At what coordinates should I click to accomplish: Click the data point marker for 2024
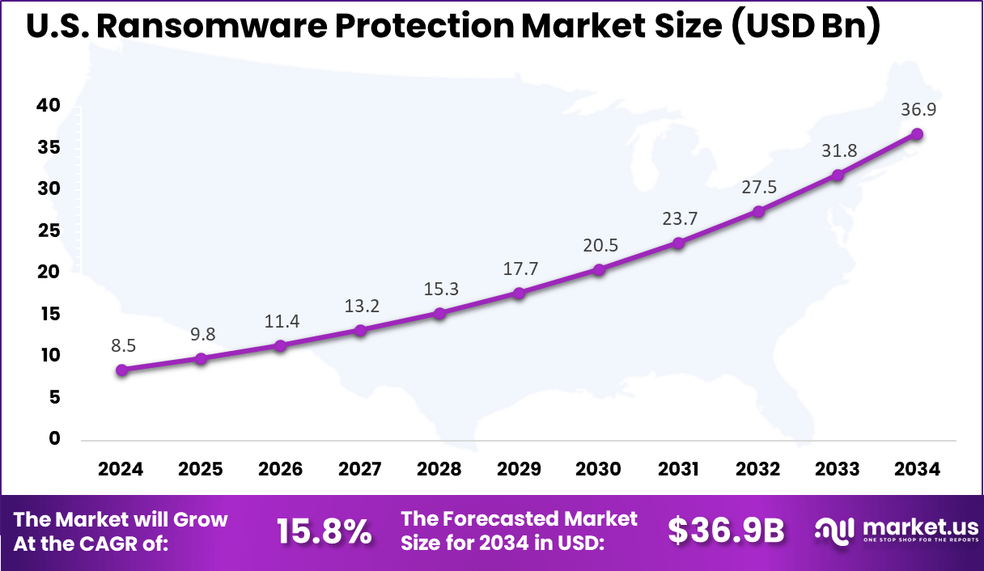(121, 370)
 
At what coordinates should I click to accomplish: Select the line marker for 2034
(917, 134)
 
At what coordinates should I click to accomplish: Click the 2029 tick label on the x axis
(520, 469)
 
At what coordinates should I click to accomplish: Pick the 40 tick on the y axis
(48, 106)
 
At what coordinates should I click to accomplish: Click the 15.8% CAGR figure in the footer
(324, 531)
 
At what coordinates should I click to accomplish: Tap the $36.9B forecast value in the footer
(726, 531)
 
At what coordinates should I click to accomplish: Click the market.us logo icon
(834, 531)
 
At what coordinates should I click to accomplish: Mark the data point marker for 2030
(599, 270)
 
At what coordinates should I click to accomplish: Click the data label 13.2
(360, 306)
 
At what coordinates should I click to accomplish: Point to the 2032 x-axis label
(758, 469)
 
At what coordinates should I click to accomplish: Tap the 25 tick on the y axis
(48, 231)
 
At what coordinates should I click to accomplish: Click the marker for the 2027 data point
(360, 330)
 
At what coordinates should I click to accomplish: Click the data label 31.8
(838, 150)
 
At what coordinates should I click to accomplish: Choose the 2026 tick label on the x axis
(281, 469)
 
